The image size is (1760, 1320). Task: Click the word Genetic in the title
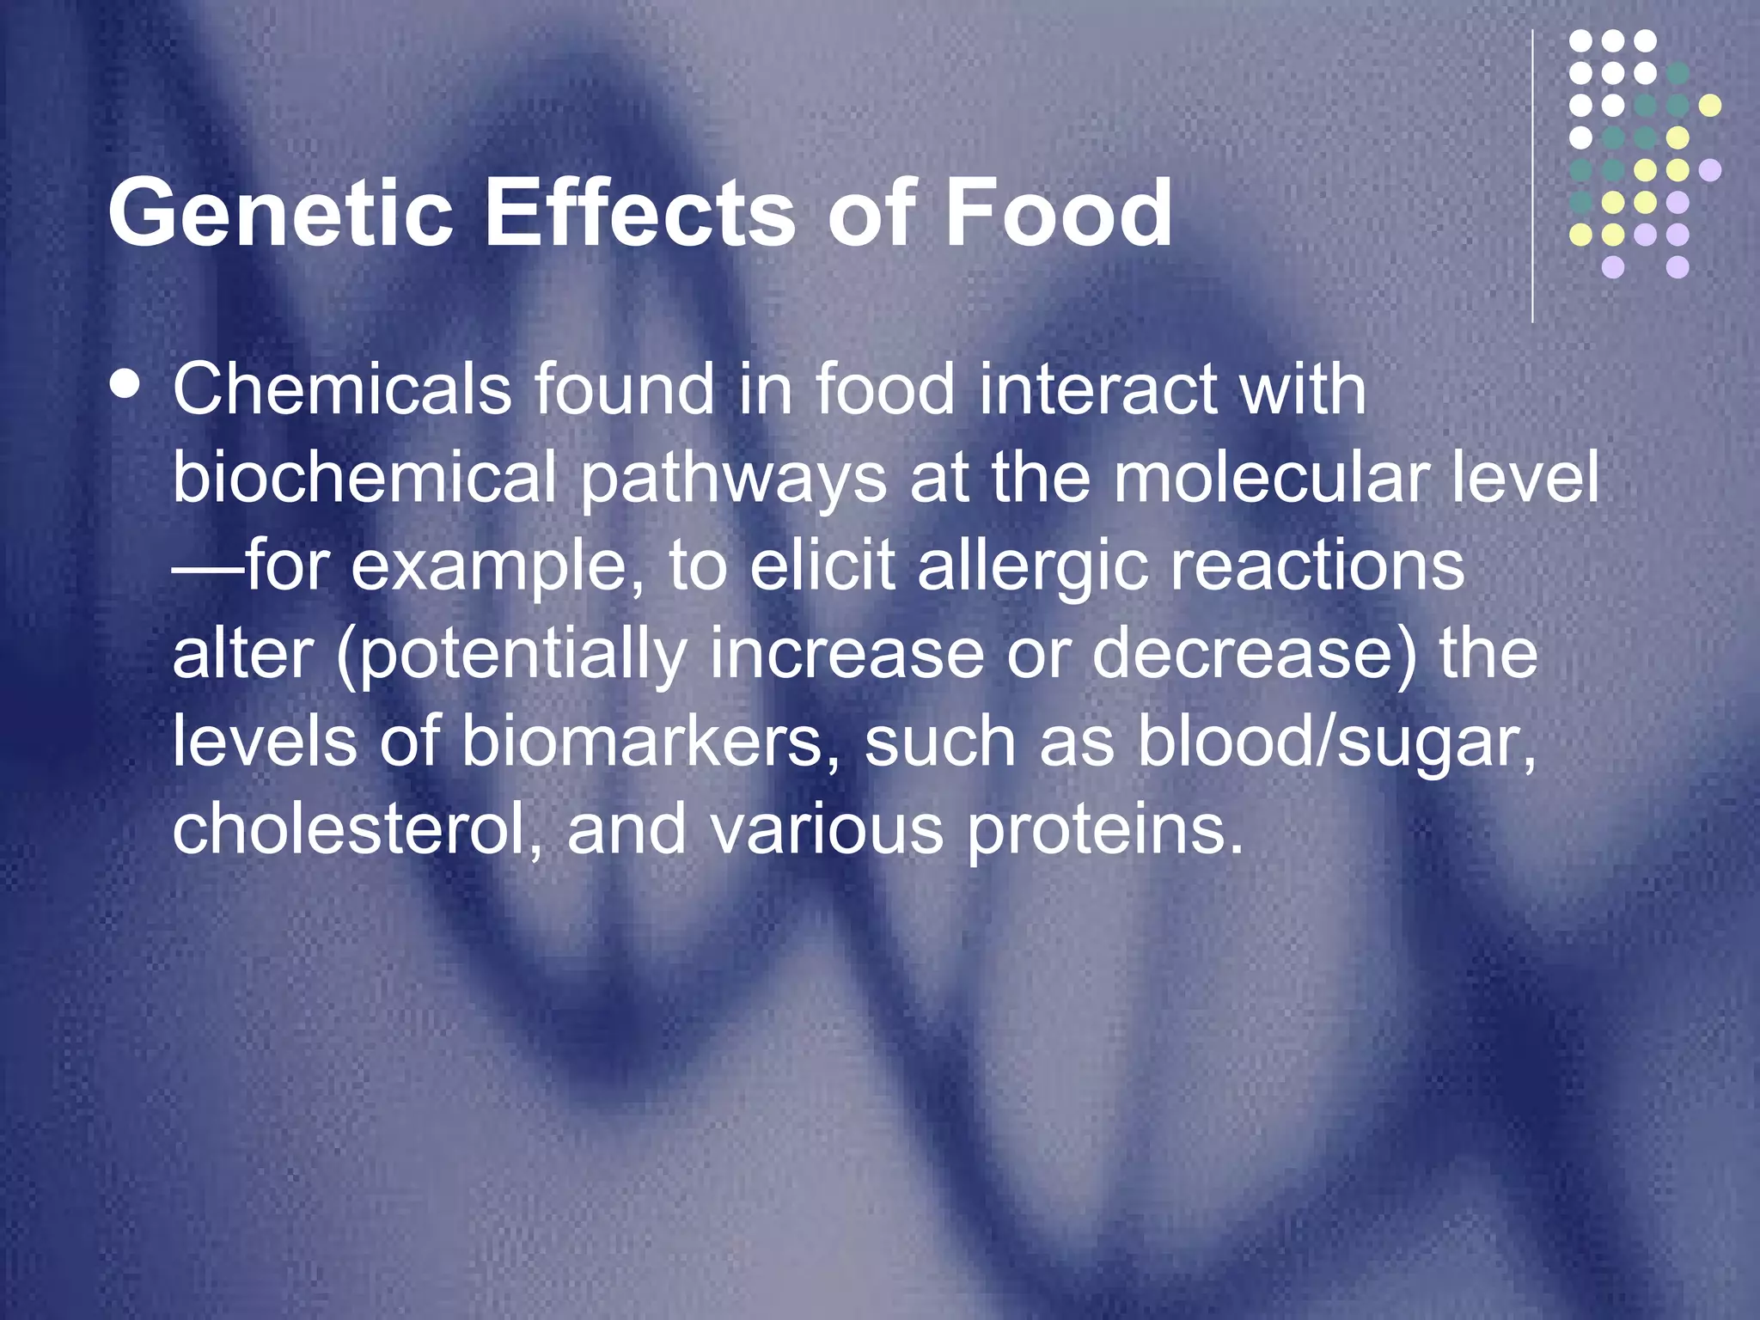280,213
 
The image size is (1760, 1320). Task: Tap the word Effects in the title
640,213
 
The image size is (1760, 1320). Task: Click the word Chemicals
342,389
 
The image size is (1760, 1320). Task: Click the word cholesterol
357,830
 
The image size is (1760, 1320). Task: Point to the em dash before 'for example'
207,568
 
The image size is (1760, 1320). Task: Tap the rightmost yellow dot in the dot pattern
1710,106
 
